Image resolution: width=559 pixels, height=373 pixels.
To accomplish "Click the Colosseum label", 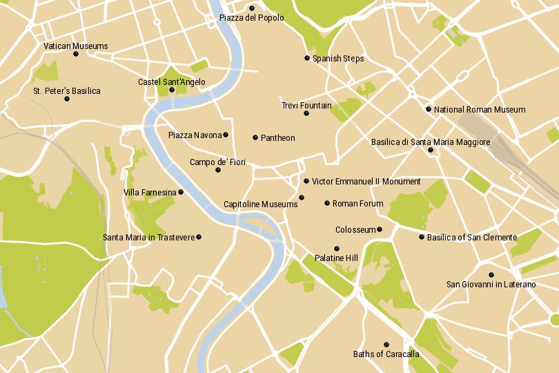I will [355, 230].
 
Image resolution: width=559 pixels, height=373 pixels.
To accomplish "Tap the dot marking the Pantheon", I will [255, 137].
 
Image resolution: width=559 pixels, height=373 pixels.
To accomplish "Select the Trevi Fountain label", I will [306, 106].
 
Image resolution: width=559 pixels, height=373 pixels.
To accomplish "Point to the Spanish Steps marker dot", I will [307, 58].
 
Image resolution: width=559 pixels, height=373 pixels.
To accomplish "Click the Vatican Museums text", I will [75, 46].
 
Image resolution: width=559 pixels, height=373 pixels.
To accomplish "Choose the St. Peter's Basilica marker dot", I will [67, 99].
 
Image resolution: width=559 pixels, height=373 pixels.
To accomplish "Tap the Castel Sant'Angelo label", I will [171, 82].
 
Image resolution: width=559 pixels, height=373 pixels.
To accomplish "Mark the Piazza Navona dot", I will [226, 135].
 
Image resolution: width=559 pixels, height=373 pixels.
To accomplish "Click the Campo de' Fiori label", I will [217, 162].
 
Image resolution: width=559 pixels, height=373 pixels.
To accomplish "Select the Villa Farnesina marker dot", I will [182, 192].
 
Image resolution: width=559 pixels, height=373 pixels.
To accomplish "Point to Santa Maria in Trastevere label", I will [148, 238].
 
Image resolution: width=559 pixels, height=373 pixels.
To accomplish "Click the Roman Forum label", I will [357, 204].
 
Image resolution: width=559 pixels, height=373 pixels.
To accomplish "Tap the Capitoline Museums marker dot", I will [301, 198].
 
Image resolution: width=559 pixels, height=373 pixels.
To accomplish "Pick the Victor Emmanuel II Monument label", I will [366, 182].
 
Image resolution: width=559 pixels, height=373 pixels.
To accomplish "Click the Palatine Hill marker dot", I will [337, 249].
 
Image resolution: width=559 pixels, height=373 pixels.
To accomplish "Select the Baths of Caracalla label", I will [386, 354].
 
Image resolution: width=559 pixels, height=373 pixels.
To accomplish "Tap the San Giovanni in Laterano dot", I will [491, 274].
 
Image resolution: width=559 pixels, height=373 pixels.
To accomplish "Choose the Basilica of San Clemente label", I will [471, 238].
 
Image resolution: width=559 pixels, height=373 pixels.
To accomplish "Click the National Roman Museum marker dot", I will [428, 109].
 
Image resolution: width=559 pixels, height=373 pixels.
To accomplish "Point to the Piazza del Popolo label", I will [247, 17].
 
